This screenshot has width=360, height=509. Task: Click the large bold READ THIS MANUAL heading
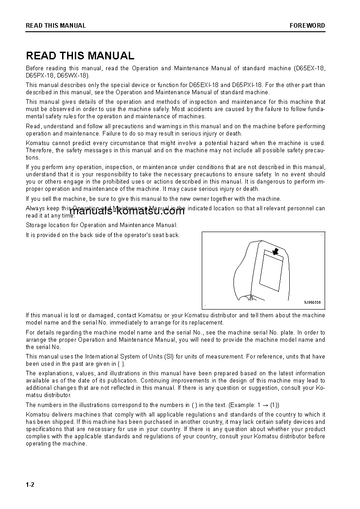pos(80,56)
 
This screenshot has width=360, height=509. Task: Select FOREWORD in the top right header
pos(307,25)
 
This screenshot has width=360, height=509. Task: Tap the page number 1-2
pos(30,485)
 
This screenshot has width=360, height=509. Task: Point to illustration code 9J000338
pos(312,302)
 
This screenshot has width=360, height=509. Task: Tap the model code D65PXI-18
pos(248,85)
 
